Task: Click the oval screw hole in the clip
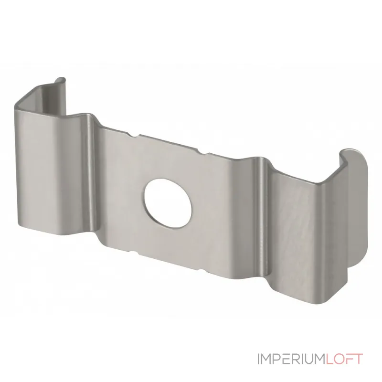168,204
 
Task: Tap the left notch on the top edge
134,135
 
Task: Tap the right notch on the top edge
202,152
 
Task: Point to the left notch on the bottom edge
134,253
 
